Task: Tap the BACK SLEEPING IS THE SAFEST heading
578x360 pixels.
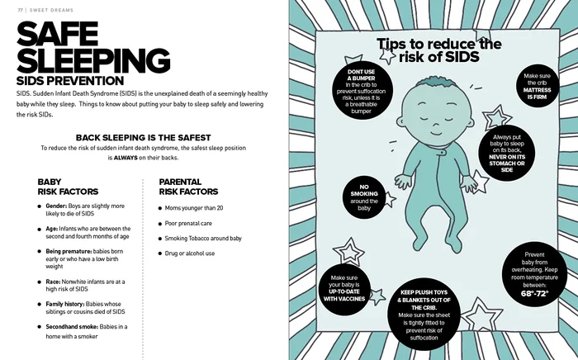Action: click(x=144, y=137)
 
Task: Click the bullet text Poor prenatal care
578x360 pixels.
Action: click(x=188, y=223)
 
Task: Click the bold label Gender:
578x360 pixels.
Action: click(x=57, y=205)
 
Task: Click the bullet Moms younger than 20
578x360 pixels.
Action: click(x=194, y=208)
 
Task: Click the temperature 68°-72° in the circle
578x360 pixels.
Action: click(x=534, y=293)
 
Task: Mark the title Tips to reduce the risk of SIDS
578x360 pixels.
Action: click(x=438, y=50)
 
